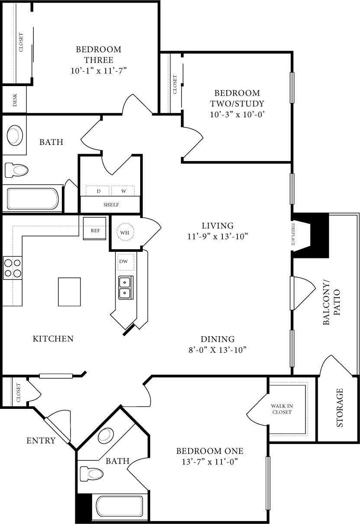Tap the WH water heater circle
coord(125,233)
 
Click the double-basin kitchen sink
coord(125,288)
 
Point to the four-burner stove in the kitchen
coord(13,267)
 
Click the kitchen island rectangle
coord(69,292)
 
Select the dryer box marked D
coord(98,191)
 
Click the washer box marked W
coord(123,191)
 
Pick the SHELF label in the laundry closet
coord(111,205)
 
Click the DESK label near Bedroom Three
coord(15,100)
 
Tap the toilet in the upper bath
coord(16,170)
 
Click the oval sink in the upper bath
coord(15,135)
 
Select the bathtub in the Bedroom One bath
coord(119,508)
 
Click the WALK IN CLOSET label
coord(282,409)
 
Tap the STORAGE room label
coord(340,408)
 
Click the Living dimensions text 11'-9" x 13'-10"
coord(218,236)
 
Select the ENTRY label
coord(41,441)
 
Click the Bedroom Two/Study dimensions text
coord(237,115)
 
